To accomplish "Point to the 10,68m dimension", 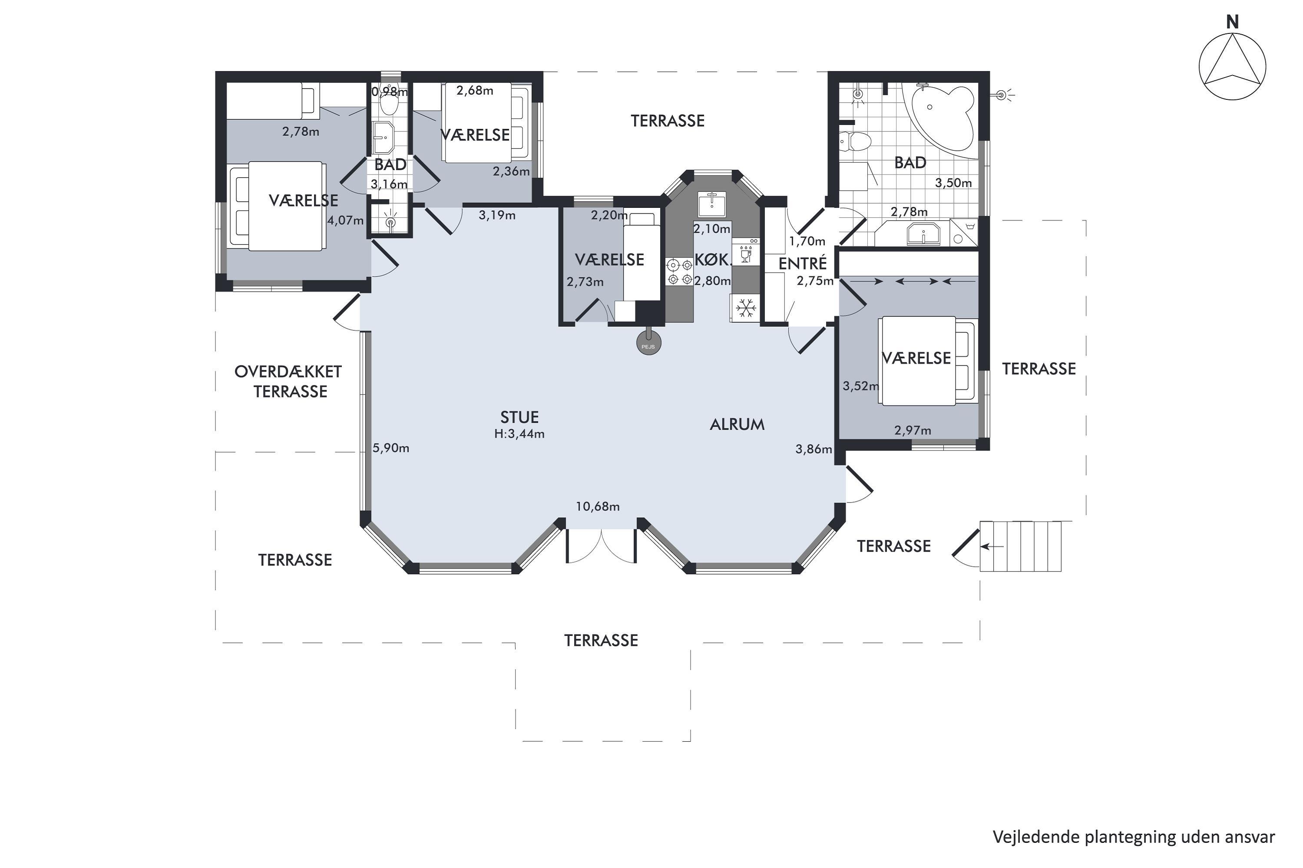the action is point(597,506).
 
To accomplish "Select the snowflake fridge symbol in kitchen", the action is point(746,308).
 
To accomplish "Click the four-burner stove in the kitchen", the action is point(679,272).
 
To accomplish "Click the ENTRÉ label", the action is point(802,263).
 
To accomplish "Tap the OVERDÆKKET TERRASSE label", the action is point(289,382).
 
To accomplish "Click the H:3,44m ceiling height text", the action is point(519,434).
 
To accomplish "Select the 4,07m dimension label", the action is point(346,220).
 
